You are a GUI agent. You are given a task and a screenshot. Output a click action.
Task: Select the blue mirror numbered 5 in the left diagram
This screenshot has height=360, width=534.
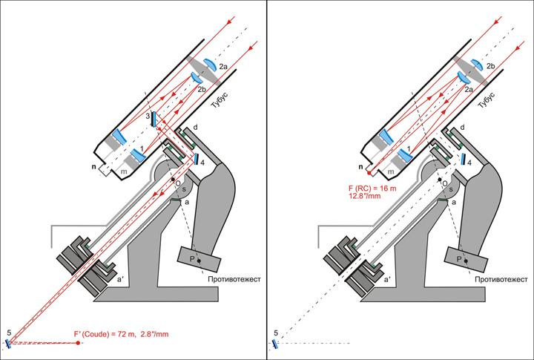tap(9, 343)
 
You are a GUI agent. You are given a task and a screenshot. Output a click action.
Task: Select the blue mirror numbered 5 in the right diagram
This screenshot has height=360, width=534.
tap(275, 344)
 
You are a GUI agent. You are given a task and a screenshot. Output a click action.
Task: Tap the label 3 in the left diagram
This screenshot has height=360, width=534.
tap(148, 116)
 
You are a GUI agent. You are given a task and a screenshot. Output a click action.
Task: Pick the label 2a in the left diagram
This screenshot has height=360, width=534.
tap(223, 68)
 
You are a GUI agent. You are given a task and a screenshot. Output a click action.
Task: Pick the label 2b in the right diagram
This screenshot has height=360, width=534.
tap(490, 68)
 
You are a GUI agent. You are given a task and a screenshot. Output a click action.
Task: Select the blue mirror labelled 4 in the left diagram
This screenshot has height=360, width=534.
tap(194, 159)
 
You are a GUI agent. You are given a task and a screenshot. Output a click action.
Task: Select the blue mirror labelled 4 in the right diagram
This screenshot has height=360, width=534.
tap(461, 159)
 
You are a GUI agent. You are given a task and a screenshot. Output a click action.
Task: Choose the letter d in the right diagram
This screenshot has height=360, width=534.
tap(462, 128)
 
